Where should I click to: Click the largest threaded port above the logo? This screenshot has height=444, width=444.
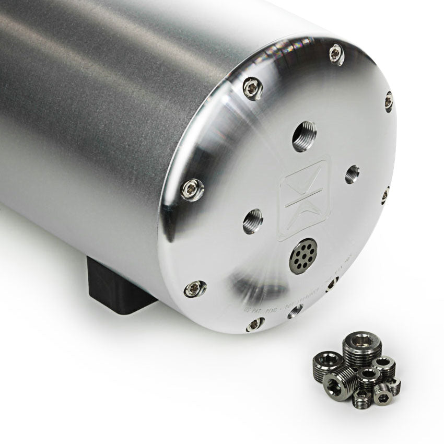[304, 136]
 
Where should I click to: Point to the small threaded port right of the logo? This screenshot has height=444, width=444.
[352, 174]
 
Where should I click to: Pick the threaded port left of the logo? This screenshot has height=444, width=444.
[253, 221]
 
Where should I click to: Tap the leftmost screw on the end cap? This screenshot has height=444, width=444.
[192, 189]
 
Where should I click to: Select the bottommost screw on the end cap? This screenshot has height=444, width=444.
[254, 324]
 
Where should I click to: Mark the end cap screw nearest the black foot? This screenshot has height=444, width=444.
[194, 288]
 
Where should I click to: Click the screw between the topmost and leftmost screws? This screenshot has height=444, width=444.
[252, 87]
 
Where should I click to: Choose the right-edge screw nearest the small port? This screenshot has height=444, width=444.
[385, 194]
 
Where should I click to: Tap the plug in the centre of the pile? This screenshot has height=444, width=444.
[368, 376]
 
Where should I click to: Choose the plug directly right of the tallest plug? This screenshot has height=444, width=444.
[384, 364]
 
